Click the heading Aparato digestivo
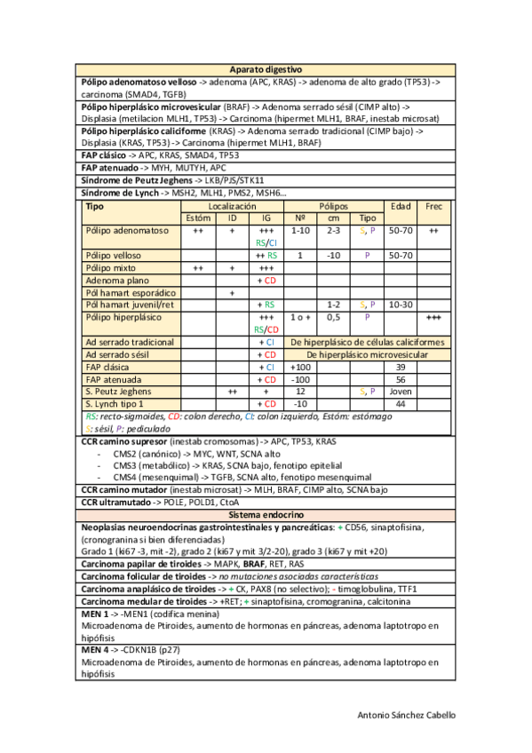(x=266, y=68)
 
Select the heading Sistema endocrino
(x=266, y=514)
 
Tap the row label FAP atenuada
(x=115, y=379)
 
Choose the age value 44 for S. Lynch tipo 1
(x=401, y=404)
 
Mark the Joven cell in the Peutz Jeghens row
(x=401, y=392)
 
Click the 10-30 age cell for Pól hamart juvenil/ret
(x=401, y=305)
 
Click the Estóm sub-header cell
(x=198, y=218)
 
